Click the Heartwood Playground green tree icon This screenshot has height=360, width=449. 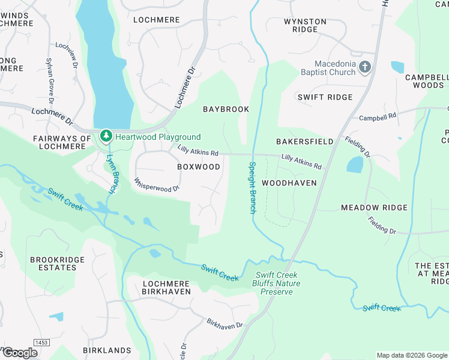click(x=106, y=136)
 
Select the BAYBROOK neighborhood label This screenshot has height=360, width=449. click(x=226, y=109)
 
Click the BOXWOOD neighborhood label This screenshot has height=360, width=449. click(x=199, y=167)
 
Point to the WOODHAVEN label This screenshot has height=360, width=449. click(x=289, y=182)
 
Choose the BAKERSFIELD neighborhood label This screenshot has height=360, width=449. click(x=304, y=142)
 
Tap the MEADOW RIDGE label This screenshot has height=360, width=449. click(x=374, y=208)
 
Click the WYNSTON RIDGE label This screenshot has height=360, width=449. click(x=305, y=26)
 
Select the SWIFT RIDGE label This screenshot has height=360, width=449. click(x=325, y=97)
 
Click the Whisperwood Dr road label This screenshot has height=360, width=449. click(x=157, y=184)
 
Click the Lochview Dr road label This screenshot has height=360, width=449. click(x=67, y=55)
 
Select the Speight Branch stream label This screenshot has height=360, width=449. click(x=253, y=187)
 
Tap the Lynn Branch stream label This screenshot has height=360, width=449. click(x=110, y=174)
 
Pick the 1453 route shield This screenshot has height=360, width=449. click(x=41, y=343)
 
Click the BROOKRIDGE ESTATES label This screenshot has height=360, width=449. click(x=53, y=264)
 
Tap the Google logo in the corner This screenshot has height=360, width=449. click(x=20, y=353)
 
